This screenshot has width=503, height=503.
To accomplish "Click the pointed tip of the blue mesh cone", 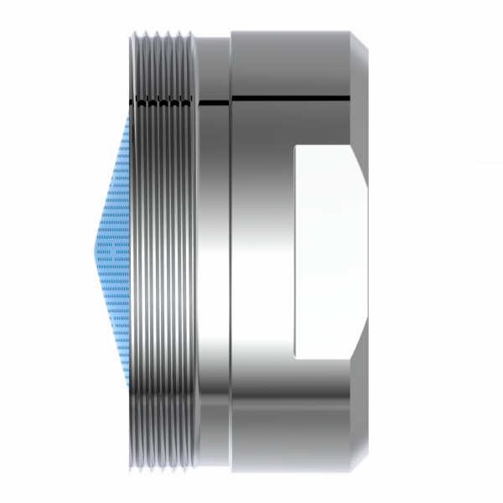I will pos(94,249).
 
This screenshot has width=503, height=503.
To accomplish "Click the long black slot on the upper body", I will pos(289,100).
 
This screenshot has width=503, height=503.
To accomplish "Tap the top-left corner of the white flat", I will pos(295,148).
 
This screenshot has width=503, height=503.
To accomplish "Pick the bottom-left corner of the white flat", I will pos(295,357).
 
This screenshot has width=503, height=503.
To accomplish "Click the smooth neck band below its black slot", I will pos(213,251).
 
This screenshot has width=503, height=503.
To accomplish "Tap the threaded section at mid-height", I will pos(163,251).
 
